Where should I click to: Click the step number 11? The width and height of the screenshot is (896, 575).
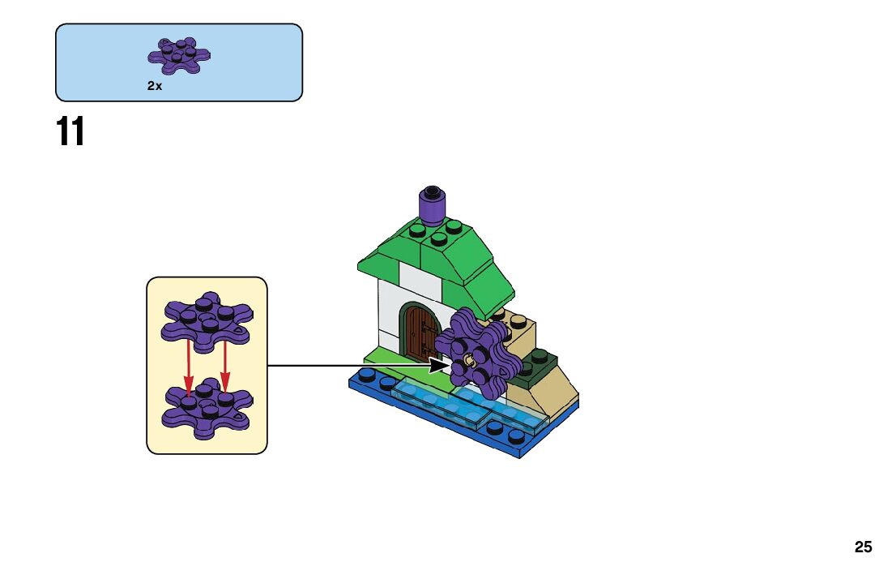pyautogui.click(x=70, y=132)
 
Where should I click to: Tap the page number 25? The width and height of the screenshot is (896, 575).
pyautogui.click(x=863, y=547)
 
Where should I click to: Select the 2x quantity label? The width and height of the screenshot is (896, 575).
pyautogui.click(x=155, y=85)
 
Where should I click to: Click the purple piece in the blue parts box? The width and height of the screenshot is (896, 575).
pyautogui.click(x=180, y=53)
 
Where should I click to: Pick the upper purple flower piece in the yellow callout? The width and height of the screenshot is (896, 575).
pyautogui.click(x=206, y=318)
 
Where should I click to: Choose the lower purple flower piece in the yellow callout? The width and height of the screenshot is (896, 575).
pyautogui.click(x=206, y=405)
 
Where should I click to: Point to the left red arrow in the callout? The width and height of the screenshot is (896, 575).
pyautogui.click(x=188, y=365)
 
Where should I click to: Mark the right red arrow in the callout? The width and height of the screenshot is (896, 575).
pyautogui.click(x=224, y=365)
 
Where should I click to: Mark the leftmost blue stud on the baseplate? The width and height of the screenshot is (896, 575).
pyautogui.click(x=366, y=375)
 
